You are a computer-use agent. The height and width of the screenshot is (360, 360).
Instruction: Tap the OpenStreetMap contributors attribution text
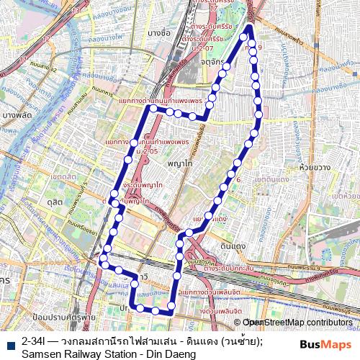298,322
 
